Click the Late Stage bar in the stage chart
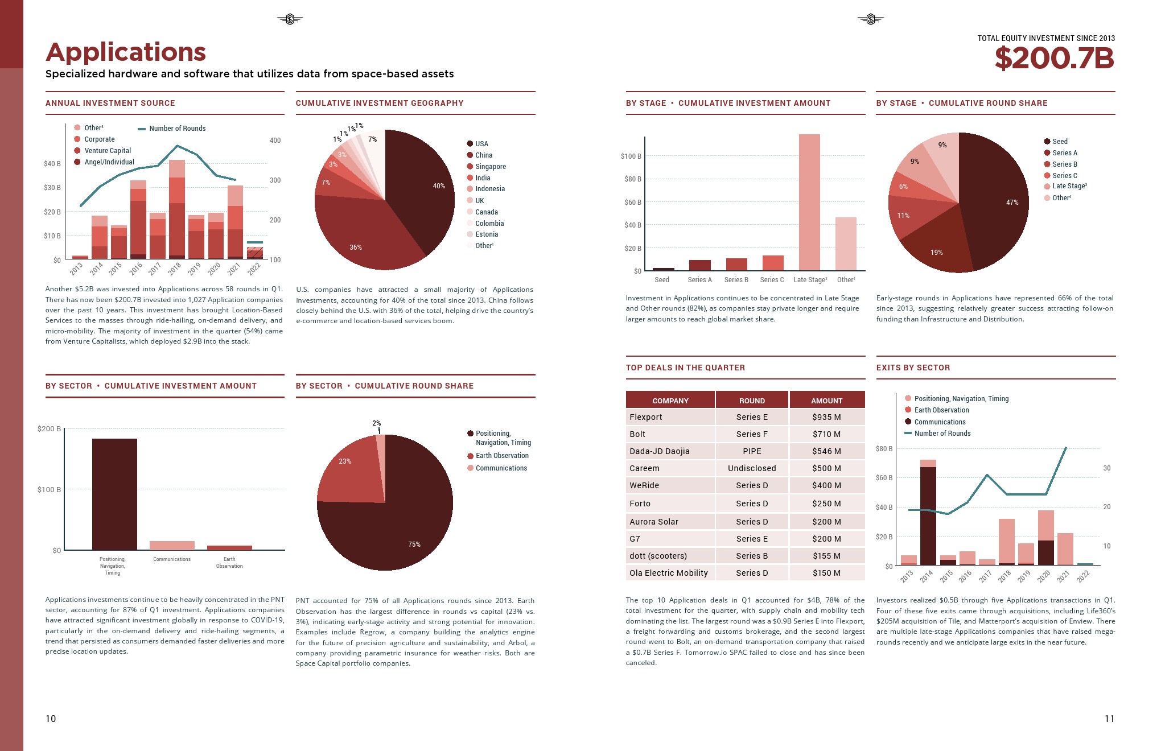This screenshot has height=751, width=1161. pyautogui.click(x=809, y=202)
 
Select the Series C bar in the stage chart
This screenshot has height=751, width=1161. pyautogui.click(x=773, y=263)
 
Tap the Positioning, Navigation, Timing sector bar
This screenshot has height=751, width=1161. pyautogui.click(x=114, y=494)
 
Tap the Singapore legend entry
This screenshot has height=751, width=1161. pyautogui.click(x=490, y=167)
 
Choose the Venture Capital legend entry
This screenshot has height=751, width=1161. pyautogui.click(x=107, y=151)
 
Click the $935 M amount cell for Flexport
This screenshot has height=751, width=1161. pyautogui.click(x=826, y=417)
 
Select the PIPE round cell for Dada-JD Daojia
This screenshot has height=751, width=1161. pyautogui.click(x=752, y=451)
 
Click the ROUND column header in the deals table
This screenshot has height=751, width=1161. pyautogui.click(x=752, y=401)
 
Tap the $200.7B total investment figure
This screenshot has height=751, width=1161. pyautogui.click(x=1054, y=59)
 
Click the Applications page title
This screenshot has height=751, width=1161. pyautogui.click(x=126, y=52)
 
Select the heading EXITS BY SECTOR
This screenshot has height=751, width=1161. pyautogui.click(x=913, y=368)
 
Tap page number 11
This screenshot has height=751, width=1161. pyautogui.click(x=1109, y=719)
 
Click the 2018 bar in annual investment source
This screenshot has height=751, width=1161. pyautogui.click(x=177, y=211)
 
